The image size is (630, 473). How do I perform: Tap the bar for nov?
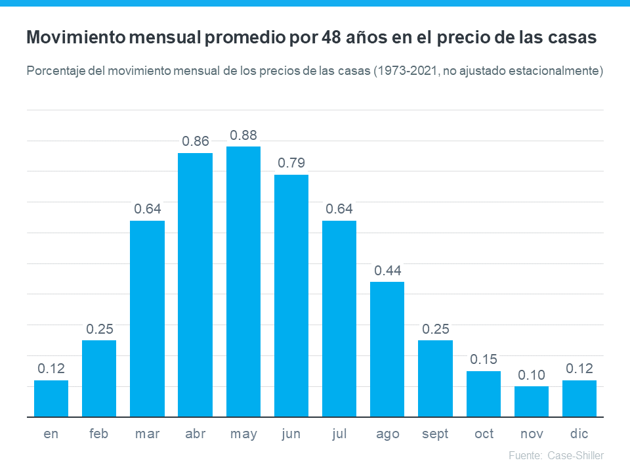[532, 401]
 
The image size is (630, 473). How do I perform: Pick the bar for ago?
[387, 349]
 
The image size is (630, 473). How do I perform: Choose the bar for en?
[51, 398]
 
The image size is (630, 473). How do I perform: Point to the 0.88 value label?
[243, 135]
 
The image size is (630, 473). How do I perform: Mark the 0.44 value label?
[387, 271]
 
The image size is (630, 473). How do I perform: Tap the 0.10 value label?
[532, 375]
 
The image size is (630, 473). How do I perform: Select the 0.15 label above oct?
[484, 360]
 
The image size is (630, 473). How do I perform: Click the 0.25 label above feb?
[99, 329]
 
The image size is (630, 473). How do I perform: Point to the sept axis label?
[435, 434]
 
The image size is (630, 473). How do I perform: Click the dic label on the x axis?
[579, 434]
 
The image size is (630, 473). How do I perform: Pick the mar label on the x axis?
[147, 434]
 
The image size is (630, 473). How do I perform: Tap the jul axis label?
[339, 434]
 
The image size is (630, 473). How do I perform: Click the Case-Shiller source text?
[575, 455]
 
